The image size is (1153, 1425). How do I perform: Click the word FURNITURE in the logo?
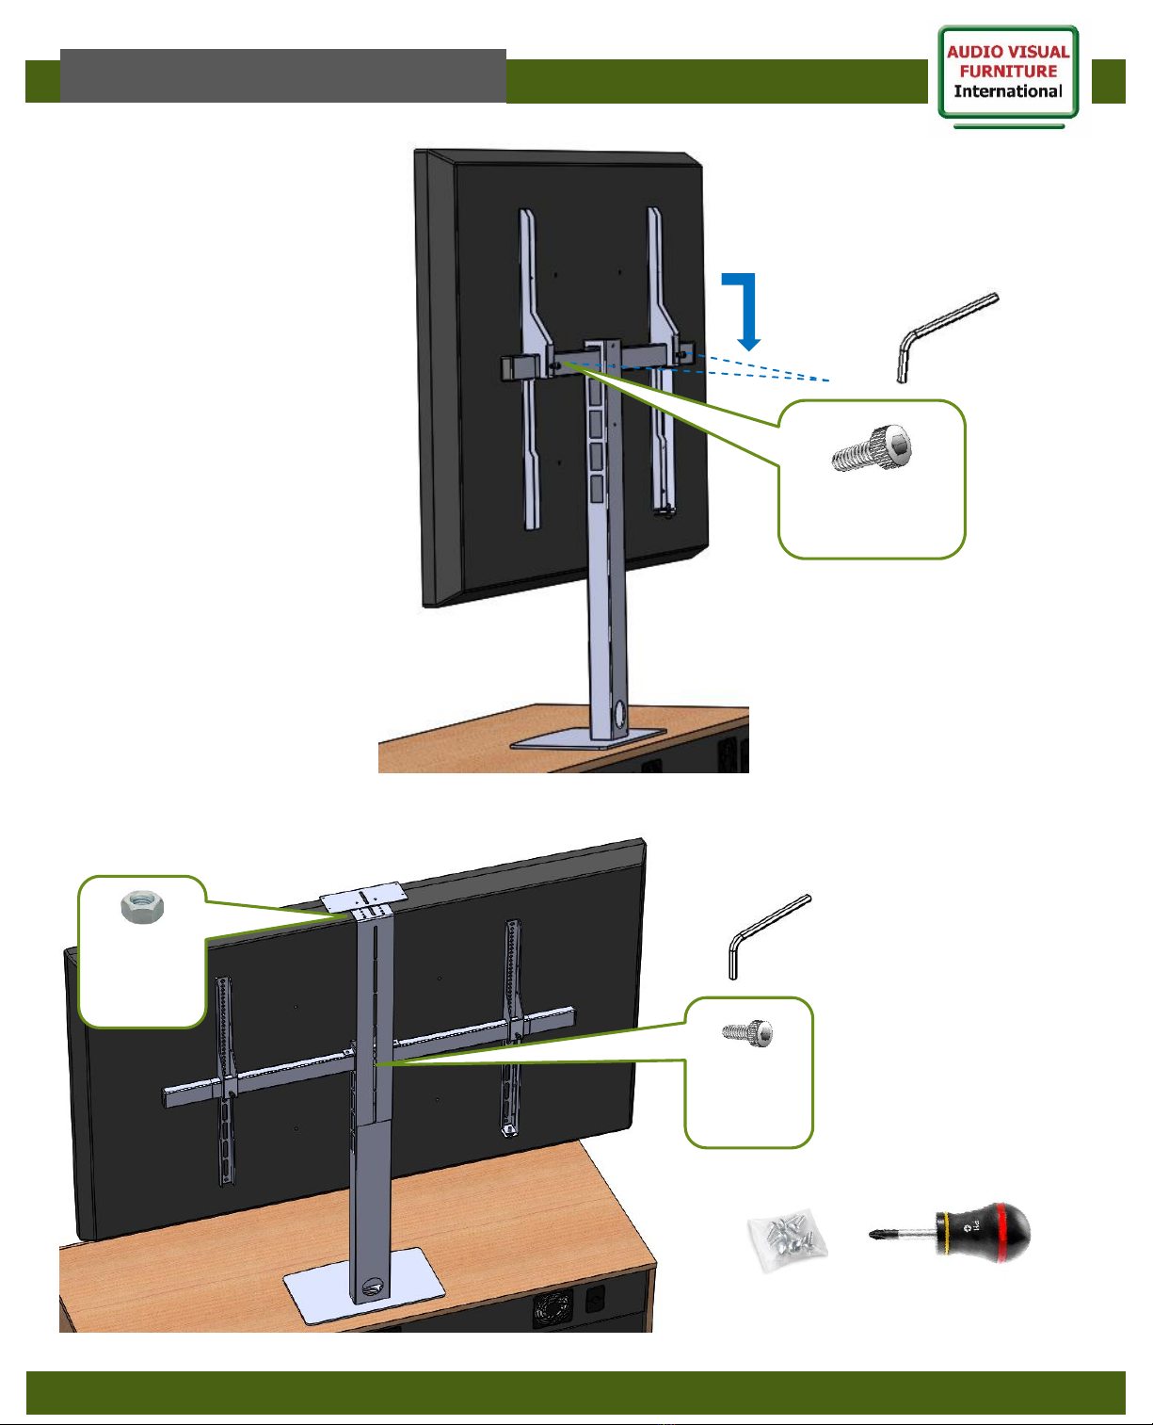[x=1009, y=71]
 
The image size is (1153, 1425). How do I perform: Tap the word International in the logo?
[x=1008, y=91]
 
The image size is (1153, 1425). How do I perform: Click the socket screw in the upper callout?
[x=872, y=448]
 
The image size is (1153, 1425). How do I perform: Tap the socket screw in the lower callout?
[x=747, y=1033]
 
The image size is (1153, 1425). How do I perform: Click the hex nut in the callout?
[x=142, y=907]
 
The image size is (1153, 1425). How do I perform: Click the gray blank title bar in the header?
[x=282, y=75]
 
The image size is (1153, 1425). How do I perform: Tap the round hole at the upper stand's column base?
[x=619, y=713]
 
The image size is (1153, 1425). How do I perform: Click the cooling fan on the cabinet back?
[x=552, y=1310]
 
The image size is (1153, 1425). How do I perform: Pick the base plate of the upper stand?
[x=588, y=737]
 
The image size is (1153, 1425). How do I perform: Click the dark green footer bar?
[x=575, y=1392]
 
